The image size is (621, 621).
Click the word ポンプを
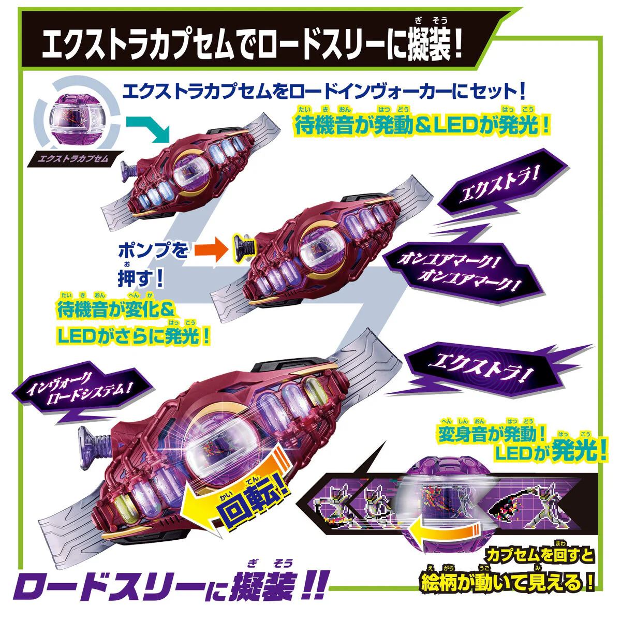tap(153, 250)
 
